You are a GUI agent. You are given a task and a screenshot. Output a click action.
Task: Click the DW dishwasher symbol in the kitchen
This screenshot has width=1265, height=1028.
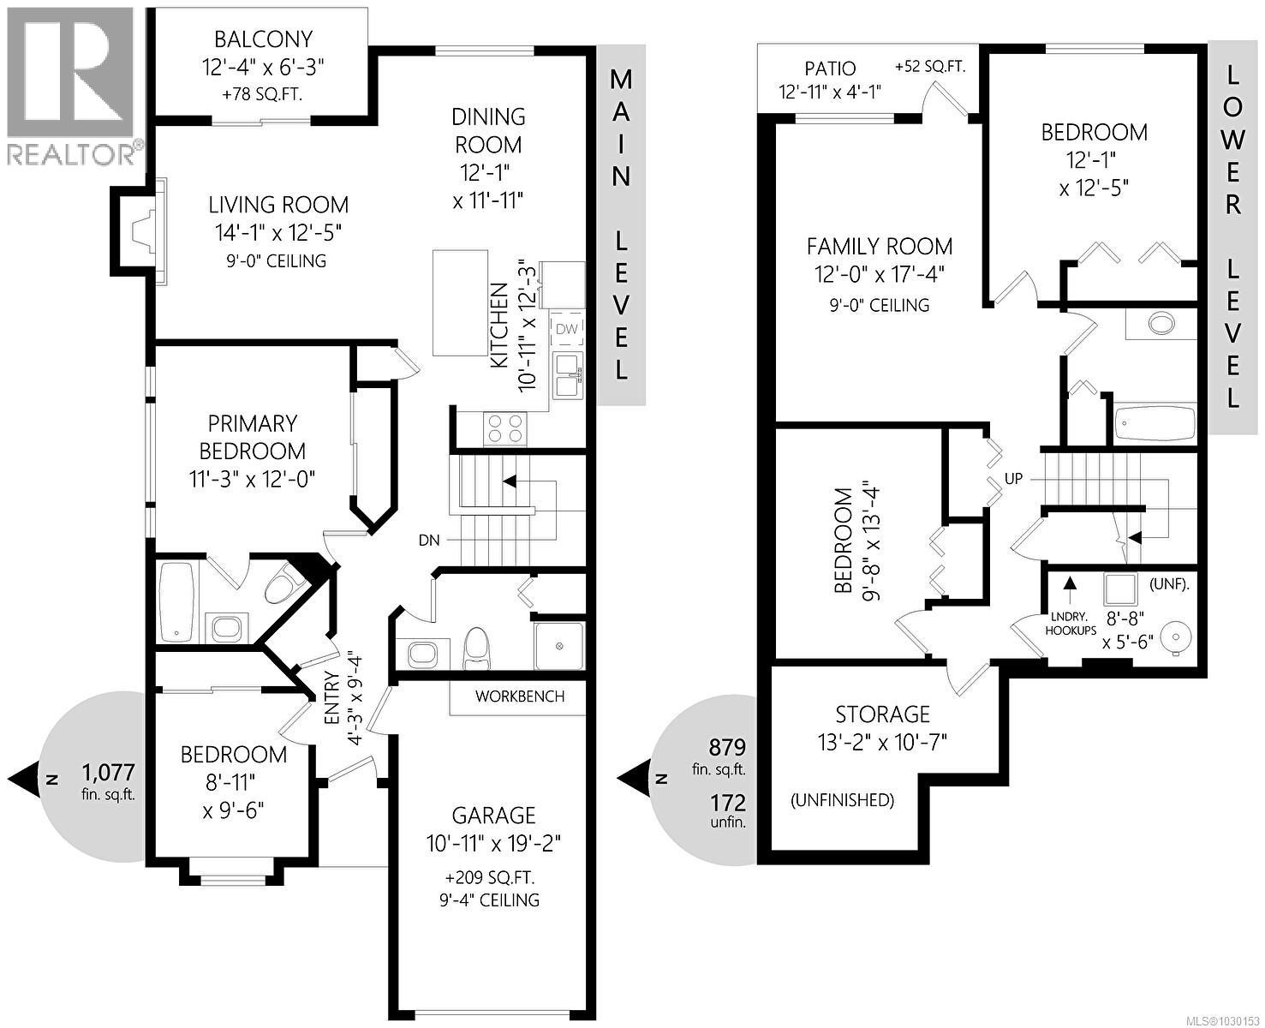(x=567, y=329)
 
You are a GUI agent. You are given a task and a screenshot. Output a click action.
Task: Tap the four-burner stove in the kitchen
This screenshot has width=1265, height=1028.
(x=504, y=427)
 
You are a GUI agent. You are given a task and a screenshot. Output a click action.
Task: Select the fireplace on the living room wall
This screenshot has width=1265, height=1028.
(x=137, y=230)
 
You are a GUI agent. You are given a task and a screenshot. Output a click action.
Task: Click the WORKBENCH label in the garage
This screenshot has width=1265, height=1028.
(x=520, y=696)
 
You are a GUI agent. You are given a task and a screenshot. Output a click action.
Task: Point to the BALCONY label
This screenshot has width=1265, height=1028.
(x=263, y=39)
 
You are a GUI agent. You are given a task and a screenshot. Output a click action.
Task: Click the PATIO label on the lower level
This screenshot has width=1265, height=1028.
(x=829, y=69)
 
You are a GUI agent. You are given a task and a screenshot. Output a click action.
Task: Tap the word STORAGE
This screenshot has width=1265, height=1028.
(x=882, y=714)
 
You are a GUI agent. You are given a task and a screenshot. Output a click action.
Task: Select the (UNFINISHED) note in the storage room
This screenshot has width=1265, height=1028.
(x=842, y=800)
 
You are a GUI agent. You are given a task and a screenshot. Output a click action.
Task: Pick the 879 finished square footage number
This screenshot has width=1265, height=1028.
(x=727, y=746)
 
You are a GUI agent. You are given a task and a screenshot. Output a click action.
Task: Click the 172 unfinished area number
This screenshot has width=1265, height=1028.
(x=727, y=803)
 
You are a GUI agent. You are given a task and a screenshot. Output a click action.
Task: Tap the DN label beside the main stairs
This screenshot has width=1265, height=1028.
(x=429, y=541)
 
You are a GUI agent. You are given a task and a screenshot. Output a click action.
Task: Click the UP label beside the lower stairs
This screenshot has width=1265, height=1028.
(x=1013, y=479)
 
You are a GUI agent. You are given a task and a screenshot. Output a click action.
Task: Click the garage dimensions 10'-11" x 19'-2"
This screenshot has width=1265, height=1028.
(x=493, y=843)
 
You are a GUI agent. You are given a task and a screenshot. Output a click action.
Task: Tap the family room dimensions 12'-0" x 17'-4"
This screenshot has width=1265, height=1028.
(x=880, y=275)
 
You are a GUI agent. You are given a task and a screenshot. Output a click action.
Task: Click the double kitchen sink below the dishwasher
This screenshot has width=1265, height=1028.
(x=567, y=375)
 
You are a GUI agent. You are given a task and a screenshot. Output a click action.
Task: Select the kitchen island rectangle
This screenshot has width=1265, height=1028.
(x=460, y=302)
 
